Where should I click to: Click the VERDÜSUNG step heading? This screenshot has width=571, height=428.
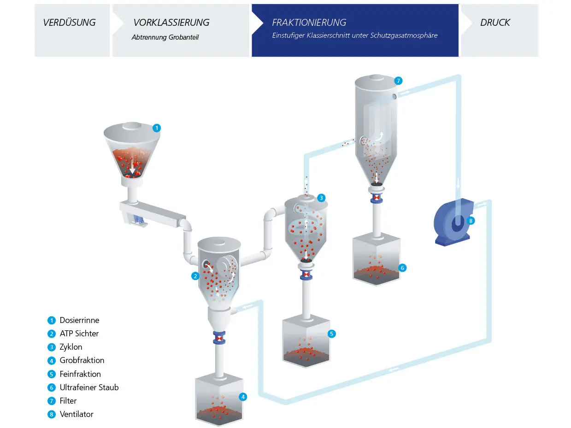pos(69,23)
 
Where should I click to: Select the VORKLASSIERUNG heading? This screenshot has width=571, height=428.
pos(171,23)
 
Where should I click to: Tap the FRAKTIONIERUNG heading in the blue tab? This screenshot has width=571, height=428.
pos(309,23)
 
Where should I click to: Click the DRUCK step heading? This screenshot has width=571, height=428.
pos(495,23)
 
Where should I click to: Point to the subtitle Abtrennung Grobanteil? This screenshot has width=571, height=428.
pos(165,37)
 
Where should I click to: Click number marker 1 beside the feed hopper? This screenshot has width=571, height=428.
pos(157,128)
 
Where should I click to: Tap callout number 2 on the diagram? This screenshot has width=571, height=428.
pos(195,276)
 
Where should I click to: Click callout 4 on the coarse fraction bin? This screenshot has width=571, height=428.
pos(243,397)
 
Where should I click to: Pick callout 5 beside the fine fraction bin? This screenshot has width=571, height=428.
pos(332,334)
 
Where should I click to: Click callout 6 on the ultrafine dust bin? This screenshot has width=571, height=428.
pos(402,268)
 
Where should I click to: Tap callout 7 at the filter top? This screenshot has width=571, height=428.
pos(399,81)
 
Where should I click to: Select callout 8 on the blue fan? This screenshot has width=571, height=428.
pos(471,221)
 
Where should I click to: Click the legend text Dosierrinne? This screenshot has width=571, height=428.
pos(79,320)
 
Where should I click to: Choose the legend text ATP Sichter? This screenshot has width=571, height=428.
pos(79,334)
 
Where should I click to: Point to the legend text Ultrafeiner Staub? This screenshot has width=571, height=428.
pos(89,387)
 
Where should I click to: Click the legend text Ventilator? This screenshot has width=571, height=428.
pos(77,414)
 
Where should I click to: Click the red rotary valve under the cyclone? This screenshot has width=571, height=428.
pos(306,276)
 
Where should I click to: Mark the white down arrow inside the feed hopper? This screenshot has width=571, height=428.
pos(133,166)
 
